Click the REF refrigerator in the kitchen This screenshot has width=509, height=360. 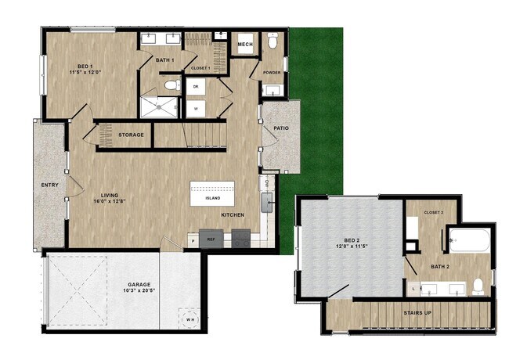211,240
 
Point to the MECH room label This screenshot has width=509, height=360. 245,45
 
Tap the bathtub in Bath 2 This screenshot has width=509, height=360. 470,239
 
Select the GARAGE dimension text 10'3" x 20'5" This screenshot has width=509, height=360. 139,290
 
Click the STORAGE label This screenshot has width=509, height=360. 131,135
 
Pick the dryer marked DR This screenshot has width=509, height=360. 195,86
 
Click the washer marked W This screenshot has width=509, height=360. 195,107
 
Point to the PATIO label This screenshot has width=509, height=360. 281,128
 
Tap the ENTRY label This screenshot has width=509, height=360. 49,185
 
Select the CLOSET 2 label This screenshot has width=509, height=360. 434,212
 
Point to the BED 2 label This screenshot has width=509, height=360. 348,245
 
